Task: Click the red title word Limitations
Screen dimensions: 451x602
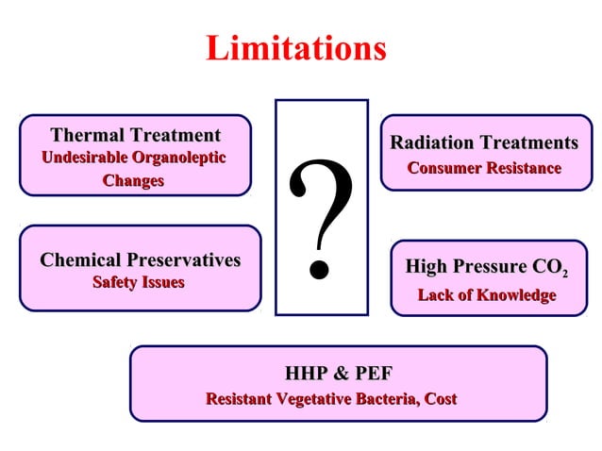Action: point(295,48)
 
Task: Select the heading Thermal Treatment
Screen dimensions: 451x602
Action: point(135,135)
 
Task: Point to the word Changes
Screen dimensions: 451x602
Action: point(133,179)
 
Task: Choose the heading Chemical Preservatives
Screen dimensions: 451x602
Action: point(140,259)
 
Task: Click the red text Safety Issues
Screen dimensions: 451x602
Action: point(138,281)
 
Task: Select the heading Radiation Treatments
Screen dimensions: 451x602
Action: point(484,142)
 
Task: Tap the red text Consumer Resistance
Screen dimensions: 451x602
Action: point(484,168)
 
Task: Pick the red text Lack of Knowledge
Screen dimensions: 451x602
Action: point(487,295)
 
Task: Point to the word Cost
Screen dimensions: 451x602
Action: point(441,399)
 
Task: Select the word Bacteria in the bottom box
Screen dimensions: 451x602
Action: point(386,399)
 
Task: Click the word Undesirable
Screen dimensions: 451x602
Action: point(84,157)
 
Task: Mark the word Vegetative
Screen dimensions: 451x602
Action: point(314,399)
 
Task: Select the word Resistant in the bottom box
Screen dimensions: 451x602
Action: point(238,399)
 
